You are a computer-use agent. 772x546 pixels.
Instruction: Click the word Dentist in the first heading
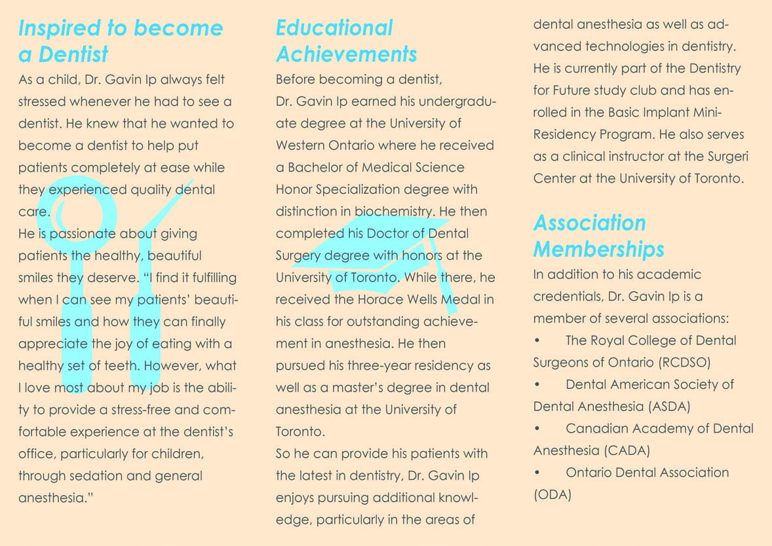(73, 54)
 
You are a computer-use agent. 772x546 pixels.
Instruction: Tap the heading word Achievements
(346, 54)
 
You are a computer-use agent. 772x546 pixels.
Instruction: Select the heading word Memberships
(599, 249)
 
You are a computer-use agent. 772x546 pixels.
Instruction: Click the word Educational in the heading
(334, 28)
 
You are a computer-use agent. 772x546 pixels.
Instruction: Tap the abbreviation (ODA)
(552, 494)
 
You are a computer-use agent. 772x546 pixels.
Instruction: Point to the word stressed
(45, 101)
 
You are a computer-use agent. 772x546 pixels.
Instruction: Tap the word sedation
(90, 476)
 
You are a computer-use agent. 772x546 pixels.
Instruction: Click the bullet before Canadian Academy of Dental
(537, 429)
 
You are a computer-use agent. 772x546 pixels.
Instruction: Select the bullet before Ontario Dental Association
(537, 473)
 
